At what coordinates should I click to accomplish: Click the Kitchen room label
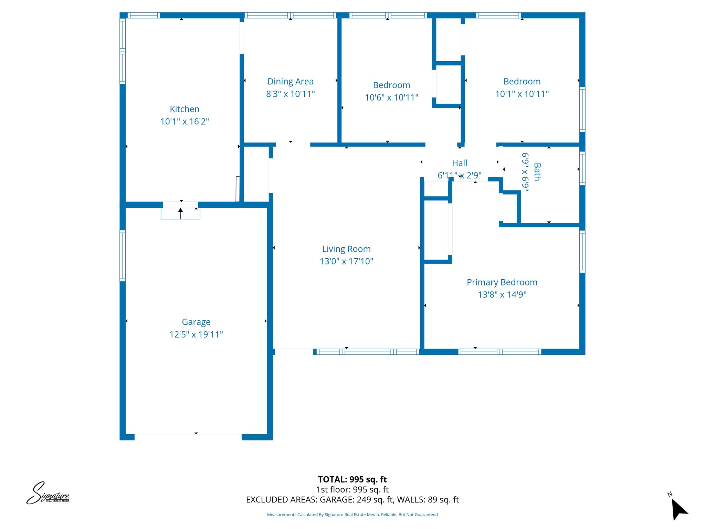pos(185,109)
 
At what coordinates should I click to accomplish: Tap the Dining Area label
pos(291,82)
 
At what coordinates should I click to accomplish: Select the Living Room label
pos(346,249)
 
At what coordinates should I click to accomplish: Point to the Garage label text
pos(196,322)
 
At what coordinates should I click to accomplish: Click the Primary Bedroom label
pos(502,282)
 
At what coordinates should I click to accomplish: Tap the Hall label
pos(460,163)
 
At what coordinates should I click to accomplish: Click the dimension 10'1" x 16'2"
pos(185,122)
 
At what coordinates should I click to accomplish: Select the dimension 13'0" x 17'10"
pos(346,261)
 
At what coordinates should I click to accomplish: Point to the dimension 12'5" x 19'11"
pos(196,334)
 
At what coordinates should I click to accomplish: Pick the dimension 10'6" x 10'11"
pos(391,98)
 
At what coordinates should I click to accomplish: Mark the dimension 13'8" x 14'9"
pos(502,295)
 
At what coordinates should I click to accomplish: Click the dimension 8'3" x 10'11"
pos(291,94)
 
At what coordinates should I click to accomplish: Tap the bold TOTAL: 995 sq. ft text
pos(352,479)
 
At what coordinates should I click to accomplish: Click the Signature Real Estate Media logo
pos(48,493)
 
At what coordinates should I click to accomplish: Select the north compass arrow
pos(679,509)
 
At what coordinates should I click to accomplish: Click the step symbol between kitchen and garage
pos(180,213)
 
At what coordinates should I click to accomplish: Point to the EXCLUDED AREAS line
pos(352,500)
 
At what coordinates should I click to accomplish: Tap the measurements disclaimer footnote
pos(352,515)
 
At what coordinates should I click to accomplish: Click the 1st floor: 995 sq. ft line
pos(352,490)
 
